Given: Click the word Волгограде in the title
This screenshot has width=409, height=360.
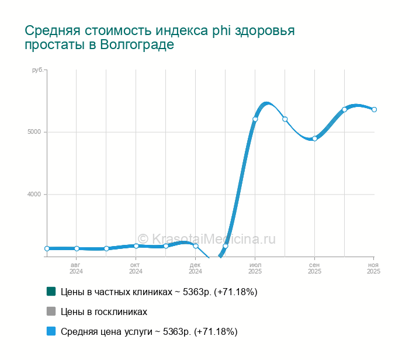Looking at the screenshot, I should click(x=137, y=45).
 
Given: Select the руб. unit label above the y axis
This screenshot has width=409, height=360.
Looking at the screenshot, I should click(x=37, y=70).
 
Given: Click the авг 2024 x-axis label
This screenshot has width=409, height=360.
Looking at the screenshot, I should click(x=77, y=268).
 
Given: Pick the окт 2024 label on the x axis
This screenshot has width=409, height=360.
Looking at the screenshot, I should click(x=136, y=268).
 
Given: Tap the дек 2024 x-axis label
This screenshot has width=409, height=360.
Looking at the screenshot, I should click(x=196, y=268).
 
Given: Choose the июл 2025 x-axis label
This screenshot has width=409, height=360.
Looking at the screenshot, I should click(x=255, y=268).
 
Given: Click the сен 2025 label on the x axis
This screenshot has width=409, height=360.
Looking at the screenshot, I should click(x=314, y=268).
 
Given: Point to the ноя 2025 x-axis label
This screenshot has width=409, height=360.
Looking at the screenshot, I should click(x=374, y=268).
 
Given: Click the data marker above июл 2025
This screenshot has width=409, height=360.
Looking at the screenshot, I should click(x=255, y=119).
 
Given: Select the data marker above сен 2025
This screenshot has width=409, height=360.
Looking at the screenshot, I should click(x=314, y=139).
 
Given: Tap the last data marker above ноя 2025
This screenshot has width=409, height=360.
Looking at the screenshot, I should click(x=374, y=109).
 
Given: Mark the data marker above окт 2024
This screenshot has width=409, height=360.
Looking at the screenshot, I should click(x=136, y=246).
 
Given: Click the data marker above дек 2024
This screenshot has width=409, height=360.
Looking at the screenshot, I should click(x=196, y=246).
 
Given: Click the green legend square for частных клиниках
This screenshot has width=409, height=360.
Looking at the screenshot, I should click(x=51, y=291).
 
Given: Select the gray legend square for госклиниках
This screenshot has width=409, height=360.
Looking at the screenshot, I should click(x=51, y=311).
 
